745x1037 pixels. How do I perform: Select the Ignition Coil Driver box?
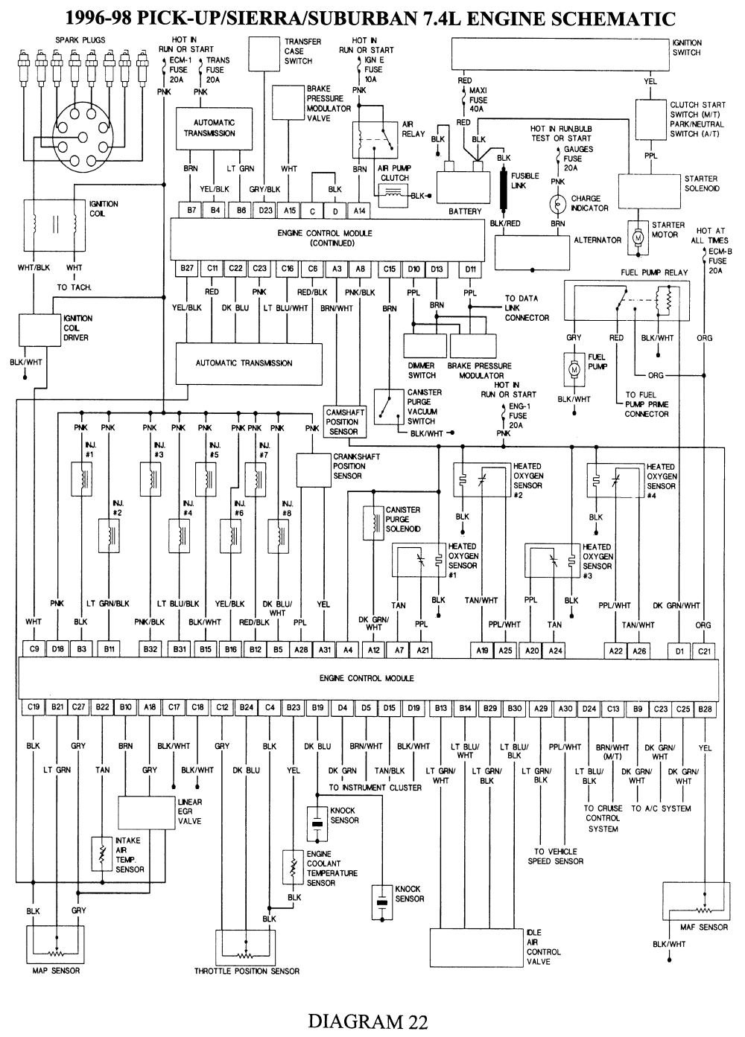pyautogui.click(x=41, y=329)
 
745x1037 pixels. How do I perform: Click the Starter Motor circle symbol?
pyautogui.click(x=638, y=236)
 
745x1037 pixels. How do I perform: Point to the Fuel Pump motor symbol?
pyautogui.click(x=574, y=368)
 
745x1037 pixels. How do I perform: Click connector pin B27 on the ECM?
pyautogui.click(x=187, y=269)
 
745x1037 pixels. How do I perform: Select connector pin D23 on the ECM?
pyautogui.click(x=265, y=211)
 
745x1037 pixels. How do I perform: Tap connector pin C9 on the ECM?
pyautogui.click(x=34, y=649)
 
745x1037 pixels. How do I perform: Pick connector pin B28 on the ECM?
pyautogui.click(x=706, y=709)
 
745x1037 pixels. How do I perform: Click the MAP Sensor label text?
pyautogui.click(x=56, y=971)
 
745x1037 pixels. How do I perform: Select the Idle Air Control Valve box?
pyautogui.click(x=475, y=947)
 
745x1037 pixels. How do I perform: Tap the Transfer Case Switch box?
pyautogui.click(x=264, y=53)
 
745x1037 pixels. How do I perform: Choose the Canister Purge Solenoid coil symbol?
pyautogui.click(x=370, y=520)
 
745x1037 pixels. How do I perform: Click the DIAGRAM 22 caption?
pyautogui.click(x=367, y=1021)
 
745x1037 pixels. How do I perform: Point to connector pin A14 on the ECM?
pyautogui.click(x=361, y=211)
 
